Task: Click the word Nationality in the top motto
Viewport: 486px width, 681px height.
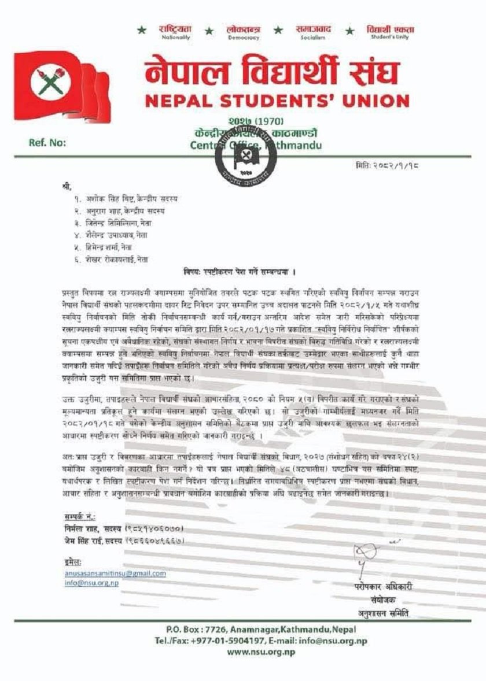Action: tap(175, 37)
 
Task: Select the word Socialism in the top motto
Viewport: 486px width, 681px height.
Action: tap(312, 37)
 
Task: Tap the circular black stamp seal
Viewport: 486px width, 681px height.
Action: tap(238, 155)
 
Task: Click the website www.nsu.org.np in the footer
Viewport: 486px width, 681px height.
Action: tap(260, 652)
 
